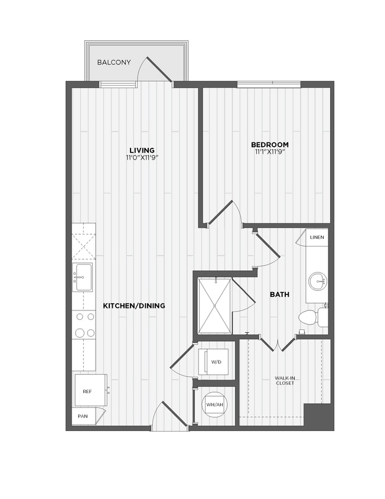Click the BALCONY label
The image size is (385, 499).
pos(115,61)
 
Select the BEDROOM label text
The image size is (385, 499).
pos(269,145)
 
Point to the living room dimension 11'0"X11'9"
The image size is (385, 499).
pos(142,158)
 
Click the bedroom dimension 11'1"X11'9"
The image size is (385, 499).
pos(269,153)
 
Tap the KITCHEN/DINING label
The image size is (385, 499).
pos(134,306)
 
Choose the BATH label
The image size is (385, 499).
pos(279,294)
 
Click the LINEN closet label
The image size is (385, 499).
pos(317,238)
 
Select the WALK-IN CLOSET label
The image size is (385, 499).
pos(284,380)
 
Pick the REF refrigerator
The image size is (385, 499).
pos(88,391)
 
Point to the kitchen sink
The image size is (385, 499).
pos(83,276)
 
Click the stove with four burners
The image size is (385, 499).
pos(84,325)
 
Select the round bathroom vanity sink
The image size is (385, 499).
pos(318,280)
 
